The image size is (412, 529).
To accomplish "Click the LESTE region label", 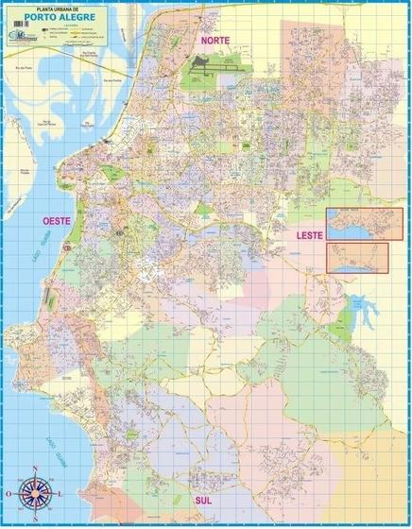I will point(308,233).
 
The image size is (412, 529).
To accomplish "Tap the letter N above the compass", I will point(36,469).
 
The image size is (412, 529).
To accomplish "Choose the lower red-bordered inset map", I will point(356,256).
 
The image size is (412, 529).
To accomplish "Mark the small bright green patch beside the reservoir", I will point(333,320).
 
